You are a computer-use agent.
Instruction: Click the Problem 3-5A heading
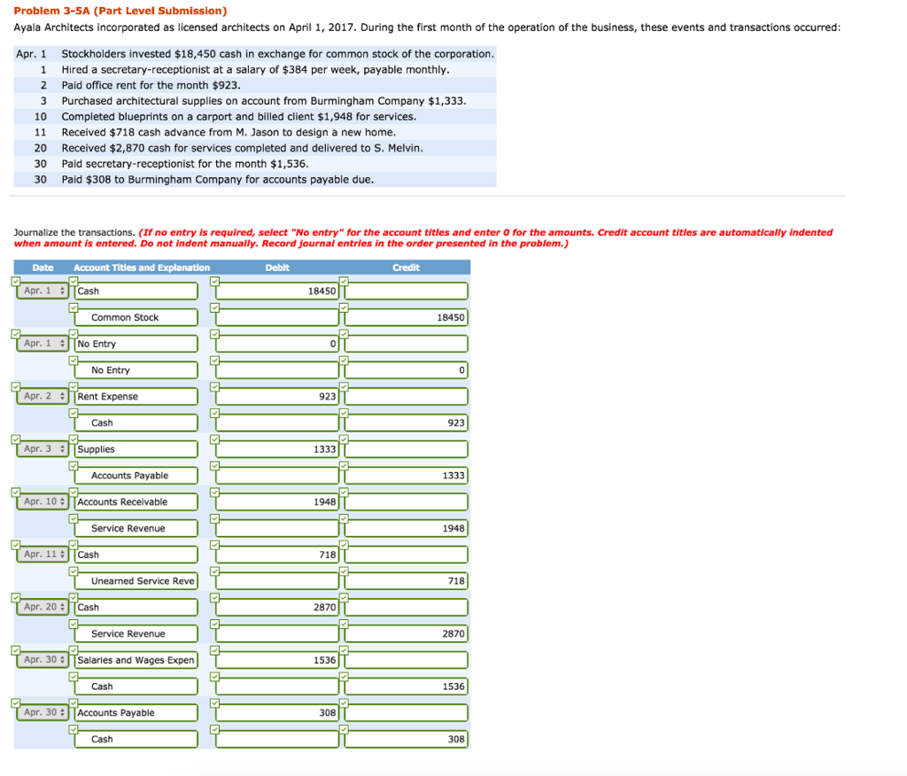pos(120,11)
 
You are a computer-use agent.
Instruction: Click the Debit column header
pos(276,268)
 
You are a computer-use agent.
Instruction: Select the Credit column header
pos(406,268)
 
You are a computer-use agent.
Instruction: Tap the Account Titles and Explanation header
pos(142,268)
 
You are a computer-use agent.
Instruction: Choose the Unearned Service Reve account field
pos(142,581)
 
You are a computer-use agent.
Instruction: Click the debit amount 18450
pos(278,291)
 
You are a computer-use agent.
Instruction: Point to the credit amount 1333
pos(407,476)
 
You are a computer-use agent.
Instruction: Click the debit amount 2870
pos(278,608)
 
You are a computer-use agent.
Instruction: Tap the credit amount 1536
pos(407,687)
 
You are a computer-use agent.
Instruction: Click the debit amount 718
pos(278,555)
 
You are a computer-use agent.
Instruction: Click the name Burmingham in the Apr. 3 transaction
pos(342,101)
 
